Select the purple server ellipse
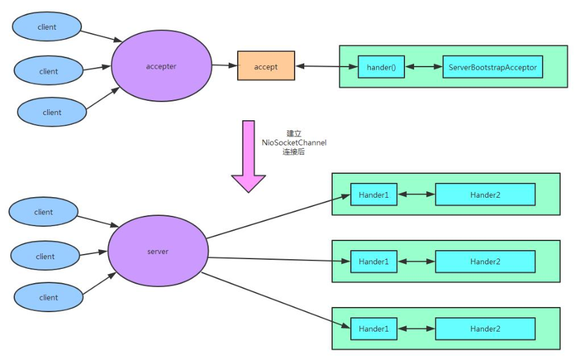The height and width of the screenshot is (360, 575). coord(158,251)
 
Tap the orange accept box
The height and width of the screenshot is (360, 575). coord(266,67)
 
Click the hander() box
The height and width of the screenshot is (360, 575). coord(381,67)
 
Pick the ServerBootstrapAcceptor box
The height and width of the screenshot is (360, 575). coord(493,67)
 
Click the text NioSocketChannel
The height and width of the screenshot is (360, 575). coord(294,142)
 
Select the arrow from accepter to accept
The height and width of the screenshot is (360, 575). coord(225,65)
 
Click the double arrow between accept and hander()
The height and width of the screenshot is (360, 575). coord(326,66)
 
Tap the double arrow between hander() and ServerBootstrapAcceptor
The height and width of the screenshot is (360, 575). coord(424,67)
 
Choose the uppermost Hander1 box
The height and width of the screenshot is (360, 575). coord(373,195)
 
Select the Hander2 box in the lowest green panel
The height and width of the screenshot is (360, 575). coord(485,328)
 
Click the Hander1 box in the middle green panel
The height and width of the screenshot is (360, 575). coord(373,261)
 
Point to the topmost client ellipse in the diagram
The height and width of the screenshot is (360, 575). coord(47,27)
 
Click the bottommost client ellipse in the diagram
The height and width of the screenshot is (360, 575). coord(48,297)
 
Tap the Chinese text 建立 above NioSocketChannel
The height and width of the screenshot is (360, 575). coord(294,132)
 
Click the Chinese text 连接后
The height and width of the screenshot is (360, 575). coord(294,152)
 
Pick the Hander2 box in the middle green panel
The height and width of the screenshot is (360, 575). coord(485,261)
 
